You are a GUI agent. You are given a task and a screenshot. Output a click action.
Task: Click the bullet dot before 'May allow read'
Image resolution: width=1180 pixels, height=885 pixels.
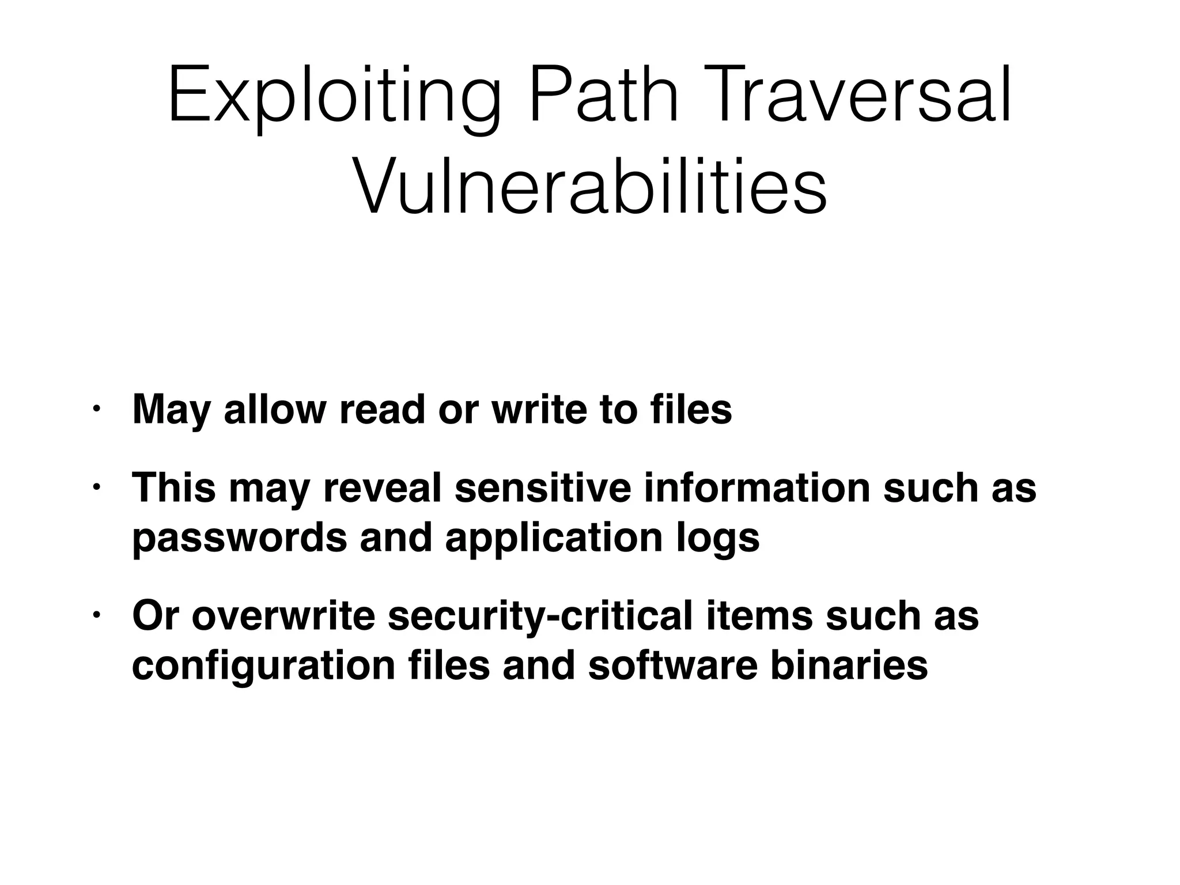[x=96, y=410]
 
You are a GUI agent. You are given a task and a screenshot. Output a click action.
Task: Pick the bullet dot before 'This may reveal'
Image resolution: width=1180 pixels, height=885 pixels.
[x=96, y=487]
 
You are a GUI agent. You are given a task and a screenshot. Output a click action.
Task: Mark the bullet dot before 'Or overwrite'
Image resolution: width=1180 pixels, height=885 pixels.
[x=96, y=615]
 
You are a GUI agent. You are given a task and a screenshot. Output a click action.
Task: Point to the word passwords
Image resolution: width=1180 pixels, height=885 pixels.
[x=240, y=539]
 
